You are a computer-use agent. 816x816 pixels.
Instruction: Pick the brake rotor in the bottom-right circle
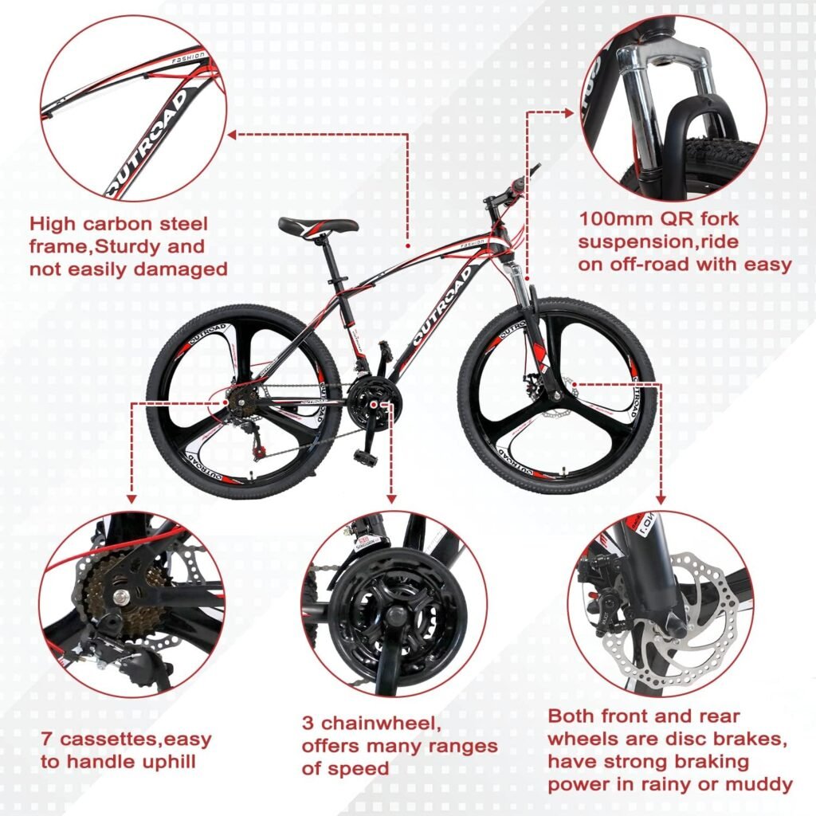click(x=693, y=614)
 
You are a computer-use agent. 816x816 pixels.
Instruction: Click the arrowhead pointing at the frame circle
click(x=232, y=135)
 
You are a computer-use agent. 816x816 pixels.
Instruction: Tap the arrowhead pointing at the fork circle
click(x=568, y=113)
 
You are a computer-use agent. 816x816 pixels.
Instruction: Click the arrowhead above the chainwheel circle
click(x=390, y=497)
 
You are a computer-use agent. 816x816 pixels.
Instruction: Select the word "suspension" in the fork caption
click(x=634, y=242)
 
